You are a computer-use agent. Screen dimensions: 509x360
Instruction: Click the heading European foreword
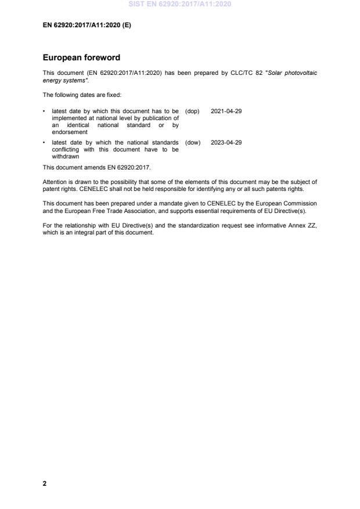tap(82, 58)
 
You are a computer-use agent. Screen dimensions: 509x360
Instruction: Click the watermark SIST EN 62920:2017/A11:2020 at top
tap(179, 4)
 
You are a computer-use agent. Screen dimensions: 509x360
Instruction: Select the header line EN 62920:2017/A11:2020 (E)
tap(87, 25)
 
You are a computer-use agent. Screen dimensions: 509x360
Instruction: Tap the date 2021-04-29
tap(226, 111)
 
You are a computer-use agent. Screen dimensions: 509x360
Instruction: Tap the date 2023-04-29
tap(226, 142)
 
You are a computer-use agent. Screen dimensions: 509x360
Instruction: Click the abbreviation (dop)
tap(192, 111)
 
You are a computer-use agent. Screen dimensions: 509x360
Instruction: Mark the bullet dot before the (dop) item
tap(45, 111)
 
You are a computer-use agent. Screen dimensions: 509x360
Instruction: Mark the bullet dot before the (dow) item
tap(45, 142)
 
